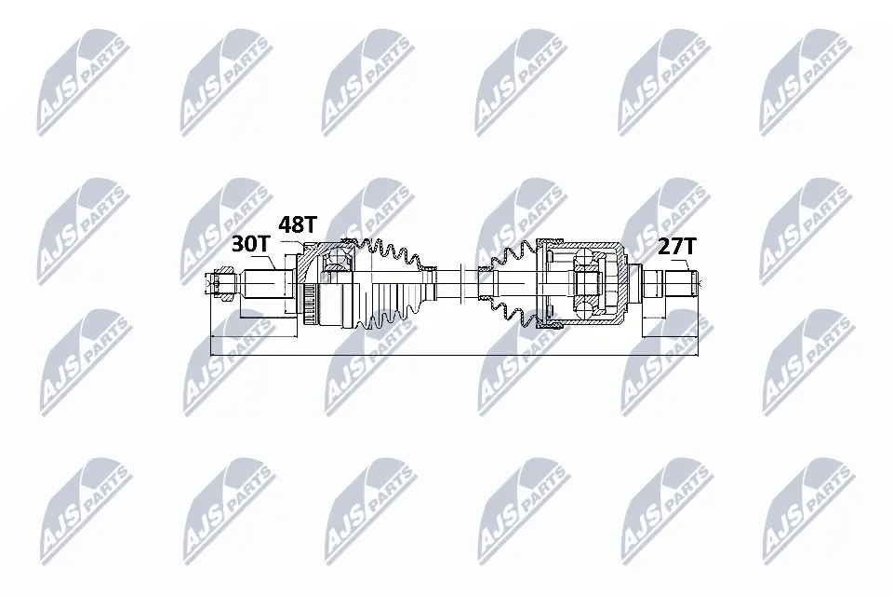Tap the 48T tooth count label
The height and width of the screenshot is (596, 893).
(x=299, y=225)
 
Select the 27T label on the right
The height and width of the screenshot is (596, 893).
(x=676, y=246)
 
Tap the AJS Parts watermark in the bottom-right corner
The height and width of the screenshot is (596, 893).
(x=806, y=507)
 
